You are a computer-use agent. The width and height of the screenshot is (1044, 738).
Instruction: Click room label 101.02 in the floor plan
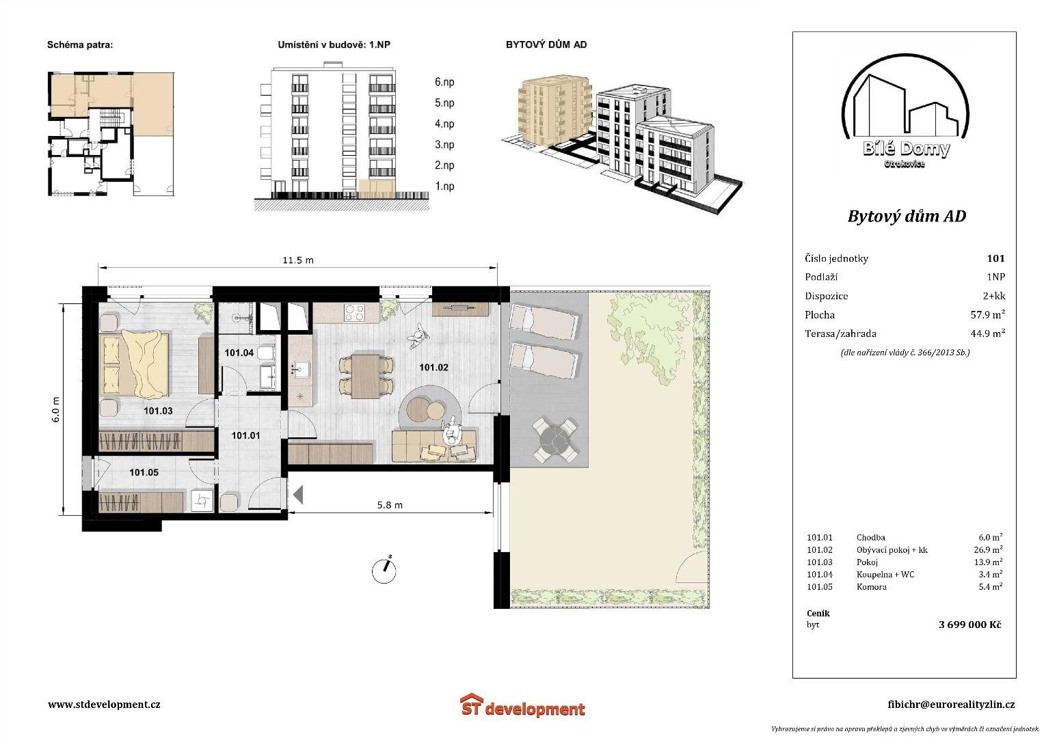pos(433,368)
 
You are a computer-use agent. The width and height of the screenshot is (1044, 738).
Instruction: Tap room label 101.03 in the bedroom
pos(158,411)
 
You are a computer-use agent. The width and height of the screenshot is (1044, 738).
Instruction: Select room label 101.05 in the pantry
pos(144,472)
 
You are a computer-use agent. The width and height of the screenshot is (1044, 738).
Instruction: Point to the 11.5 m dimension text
pos(298,260)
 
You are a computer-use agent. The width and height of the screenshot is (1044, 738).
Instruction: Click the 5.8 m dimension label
pos(390,505)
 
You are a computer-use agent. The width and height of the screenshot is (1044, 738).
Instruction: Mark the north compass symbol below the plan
pos(384,570)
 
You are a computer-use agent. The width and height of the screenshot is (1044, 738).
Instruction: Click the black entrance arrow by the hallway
pos(298,494)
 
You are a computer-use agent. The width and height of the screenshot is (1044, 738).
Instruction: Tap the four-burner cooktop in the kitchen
pos(354,313)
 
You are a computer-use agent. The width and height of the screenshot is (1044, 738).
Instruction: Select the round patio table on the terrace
pos(555,440)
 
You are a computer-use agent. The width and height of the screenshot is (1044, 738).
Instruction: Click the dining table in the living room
pos(366,377)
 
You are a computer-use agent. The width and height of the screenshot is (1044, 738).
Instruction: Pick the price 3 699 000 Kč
pos(970,625)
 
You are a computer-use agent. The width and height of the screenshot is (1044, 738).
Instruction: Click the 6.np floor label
pos(444,82)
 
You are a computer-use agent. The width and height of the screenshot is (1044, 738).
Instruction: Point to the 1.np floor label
pos(444,187)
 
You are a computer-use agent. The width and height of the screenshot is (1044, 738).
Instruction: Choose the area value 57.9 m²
pos(988,314)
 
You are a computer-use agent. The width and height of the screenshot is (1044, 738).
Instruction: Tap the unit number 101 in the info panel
pos(996,258)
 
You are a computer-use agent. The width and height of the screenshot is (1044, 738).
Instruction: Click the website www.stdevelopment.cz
pos(104,705)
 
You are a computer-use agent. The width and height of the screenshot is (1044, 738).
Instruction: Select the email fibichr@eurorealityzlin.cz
pos(951,705)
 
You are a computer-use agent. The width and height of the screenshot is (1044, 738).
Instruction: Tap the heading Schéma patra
pos(80,45)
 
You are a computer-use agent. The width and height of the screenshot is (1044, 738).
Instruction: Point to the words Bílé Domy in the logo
pos(906,149)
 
